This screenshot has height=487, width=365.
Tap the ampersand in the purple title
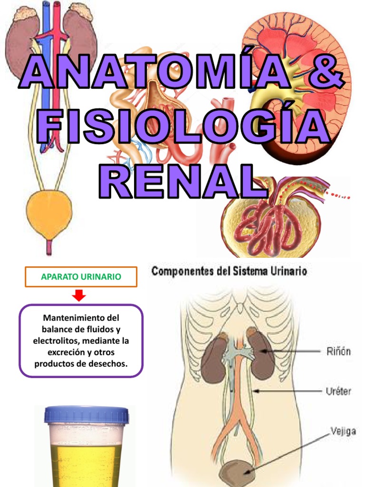323,71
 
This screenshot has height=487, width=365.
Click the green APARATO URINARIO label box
81,276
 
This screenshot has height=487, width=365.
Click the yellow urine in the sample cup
86,464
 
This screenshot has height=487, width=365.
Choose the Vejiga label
342,432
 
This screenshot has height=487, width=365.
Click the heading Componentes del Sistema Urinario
229,272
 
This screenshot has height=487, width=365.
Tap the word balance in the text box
55,329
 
